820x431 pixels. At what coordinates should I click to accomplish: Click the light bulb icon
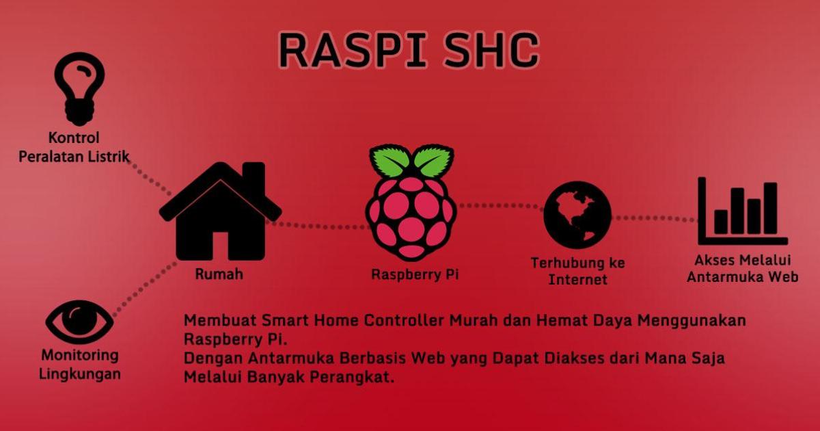tap(79, 89)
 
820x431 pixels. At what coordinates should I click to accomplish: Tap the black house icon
tap(220, 211)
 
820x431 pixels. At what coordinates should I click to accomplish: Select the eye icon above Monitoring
tap(79, 322)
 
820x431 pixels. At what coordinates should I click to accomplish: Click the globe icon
tap(577, 215)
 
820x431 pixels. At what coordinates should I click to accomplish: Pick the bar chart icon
tap(742, 211)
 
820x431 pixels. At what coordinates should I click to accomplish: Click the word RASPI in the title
tap(353, 50)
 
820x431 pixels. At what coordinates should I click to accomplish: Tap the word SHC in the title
tap(491, 50)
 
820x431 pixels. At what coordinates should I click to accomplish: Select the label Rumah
tap(219, 274)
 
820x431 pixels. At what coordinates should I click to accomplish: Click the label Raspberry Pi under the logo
tap(415, 274)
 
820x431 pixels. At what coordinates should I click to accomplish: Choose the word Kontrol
tap(74, 138)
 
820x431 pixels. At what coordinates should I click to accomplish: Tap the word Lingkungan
tap(80, 374)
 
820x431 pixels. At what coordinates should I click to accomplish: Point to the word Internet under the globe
tap(577, 280)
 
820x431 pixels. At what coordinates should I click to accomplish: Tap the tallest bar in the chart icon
tap(770, 208)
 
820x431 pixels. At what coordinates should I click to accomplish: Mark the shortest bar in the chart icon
tap(721, 222)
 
